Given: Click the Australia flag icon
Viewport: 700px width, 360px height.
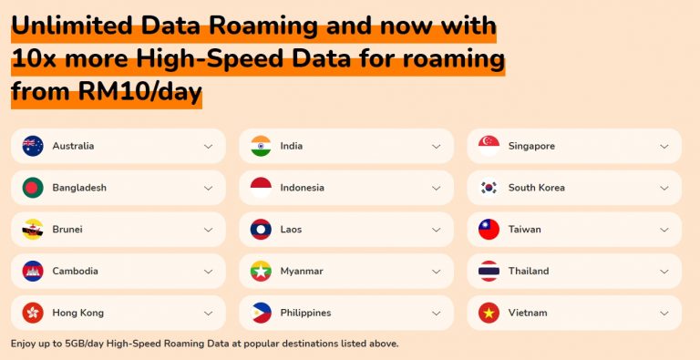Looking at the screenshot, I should click(33, 146).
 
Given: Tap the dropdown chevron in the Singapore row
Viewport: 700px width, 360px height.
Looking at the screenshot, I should click(664, 146).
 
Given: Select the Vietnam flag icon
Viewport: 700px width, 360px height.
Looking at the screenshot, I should click(489, 313).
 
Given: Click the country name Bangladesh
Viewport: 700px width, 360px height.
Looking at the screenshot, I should click(79, 188).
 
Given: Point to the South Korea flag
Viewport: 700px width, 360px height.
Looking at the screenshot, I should click(489, 188).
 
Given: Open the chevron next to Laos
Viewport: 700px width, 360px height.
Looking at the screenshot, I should click(436, 230).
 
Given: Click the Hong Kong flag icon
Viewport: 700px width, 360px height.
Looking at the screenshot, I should click(33, 313).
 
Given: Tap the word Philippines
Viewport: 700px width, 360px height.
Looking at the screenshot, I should click(305, 313).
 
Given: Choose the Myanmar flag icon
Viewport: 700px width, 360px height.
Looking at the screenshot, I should click(261, 271).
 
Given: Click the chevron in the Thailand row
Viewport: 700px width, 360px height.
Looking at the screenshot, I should click(664, 271).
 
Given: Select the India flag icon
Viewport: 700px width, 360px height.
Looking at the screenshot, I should click(261, 146).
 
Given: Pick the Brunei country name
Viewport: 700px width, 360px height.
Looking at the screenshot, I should click(67, 230).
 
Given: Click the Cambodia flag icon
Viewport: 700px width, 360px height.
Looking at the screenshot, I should click(33, 271).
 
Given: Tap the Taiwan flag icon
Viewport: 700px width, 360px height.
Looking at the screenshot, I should click(489, 230).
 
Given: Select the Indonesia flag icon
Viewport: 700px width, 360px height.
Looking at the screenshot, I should click(261, 188).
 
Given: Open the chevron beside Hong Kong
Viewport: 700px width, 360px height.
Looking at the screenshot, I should click(208, 313).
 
